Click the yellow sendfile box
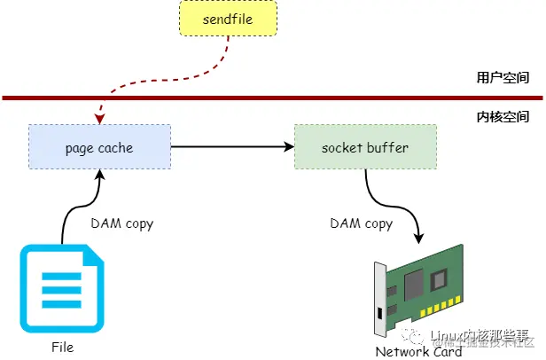pos(228,19)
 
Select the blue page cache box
pos(99,147)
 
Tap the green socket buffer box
pos(365,147)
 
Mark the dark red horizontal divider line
pos(266,97)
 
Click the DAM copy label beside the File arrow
pos(121,223)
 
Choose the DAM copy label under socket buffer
pos(361,223)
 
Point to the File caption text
pos(62,346)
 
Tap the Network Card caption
pos(418,352)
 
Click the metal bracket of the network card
pos(380,301)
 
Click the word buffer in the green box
pos(389,147)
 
